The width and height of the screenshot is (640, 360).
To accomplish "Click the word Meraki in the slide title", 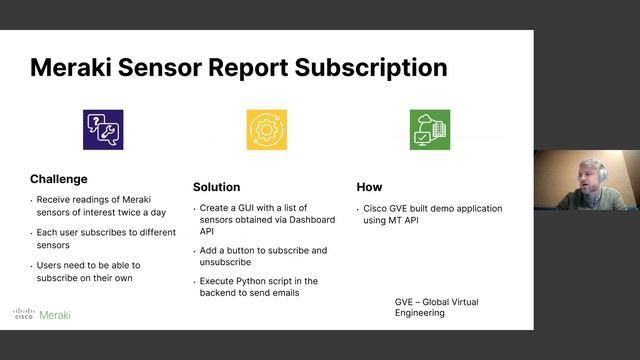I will tap(77, 68).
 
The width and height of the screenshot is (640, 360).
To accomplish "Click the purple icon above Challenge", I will tap(103, 130).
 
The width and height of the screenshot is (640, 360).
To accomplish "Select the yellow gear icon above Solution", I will tap(266, 130).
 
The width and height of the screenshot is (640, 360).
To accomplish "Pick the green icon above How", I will tap(429, 130).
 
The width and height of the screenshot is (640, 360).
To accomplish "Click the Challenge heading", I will tap(59, 179).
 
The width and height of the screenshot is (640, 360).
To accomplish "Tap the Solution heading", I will tap(216, 187).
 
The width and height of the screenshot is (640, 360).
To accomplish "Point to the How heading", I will tap(369, 187).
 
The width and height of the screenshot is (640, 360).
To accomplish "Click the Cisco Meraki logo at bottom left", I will tap(42, 314).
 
